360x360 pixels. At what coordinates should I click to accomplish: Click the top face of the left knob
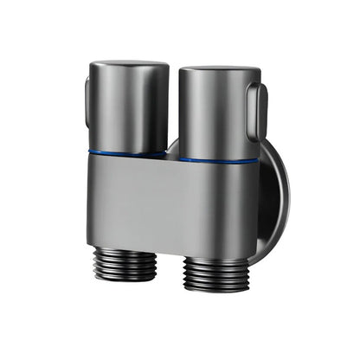pos(127,67)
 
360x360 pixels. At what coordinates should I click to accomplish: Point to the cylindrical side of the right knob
pos(212,117)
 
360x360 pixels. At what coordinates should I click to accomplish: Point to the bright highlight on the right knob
pos(195,112)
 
